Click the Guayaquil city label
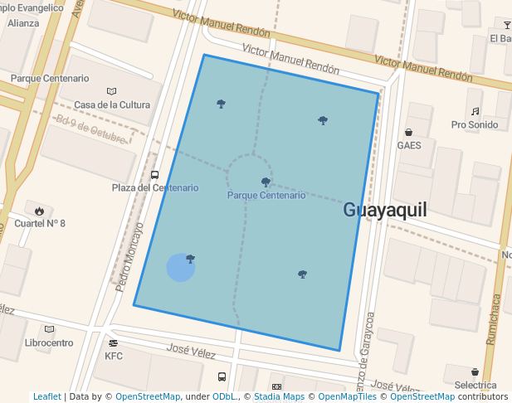point(385,210)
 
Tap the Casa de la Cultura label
point(112,105)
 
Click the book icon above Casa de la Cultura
point(112,91)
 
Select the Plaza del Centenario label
point(155,188)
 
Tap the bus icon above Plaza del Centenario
point(155,175)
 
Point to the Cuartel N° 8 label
point(38,224)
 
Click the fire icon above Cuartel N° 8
point(39,211)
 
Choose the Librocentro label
point(49,342)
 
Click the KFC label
point(114,357)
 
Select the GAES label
point(409,145)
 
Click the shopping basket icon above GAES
point(409,132)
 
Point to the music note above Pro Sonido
point(475,111)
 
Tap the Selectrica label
point(475,386)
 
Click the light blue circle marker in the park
point(181,268)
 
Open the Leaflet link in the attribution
point(46,397)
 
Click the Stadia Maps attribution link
point(279,397)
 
